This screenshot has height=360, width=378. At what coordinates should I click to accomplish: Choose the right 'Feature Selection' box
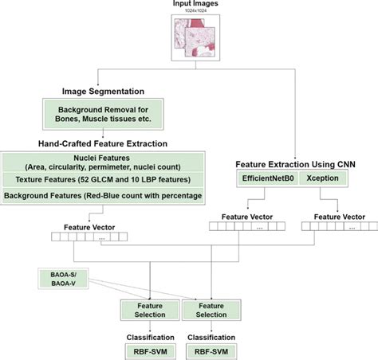(x=211, y=310)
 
